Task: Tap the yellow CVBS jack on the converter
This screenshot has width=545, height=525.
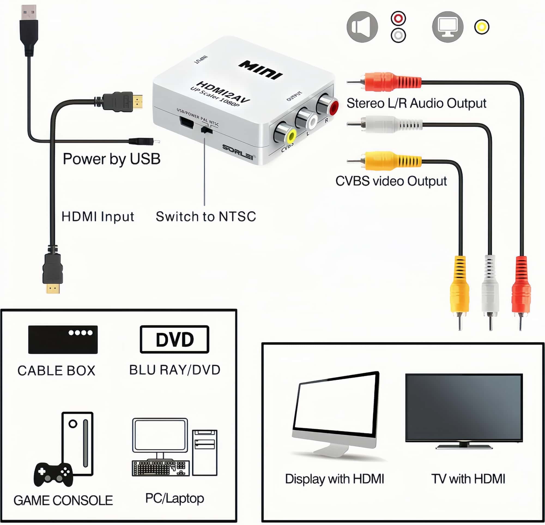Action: click(291, 136)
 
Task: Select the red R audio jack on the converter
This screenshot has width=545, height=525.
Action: click(333, 108)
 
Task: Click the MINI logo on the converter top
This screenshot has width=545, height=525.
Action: click(260, 70)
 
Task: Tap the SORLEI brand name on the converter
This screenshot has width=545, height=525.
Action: click(238, 152)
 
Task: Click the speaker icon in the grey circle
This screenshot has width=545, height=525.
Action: click(362, 27)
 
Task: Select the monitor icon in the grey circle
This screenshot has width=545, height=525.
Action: click(447, 27)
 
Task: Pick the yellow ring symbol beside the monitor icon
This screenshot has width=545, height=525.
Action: click(482, 27)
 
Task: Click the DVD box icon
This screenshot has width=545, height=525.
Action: click(174, 339)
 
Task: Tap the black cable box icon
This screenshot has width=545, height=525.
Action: click(63, 339)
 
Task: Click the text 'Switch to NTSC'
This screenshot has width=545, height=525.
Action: click(206, 216)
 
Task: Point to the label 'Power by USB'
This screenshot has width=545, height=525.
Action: click(111, 159)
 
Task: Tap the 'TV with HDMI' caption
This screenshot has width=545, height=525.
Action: click(468, 479)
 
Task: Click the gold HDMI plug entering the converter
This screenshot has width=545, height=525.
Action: click(138, 102)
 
